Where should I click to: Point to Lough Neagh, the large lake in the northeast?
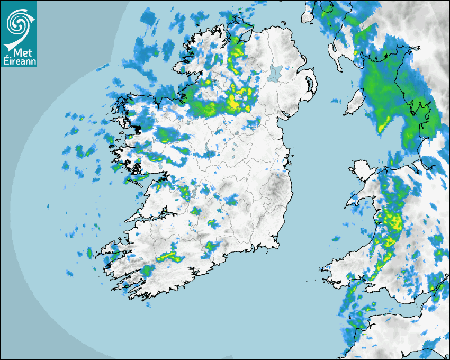pos(275,73)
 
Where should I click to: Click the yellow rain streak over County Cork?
pos(168,257)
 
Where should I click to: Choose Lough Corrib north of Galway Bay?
pos(159,168)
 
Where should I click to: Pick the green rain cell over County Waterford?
pos(212,246)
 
